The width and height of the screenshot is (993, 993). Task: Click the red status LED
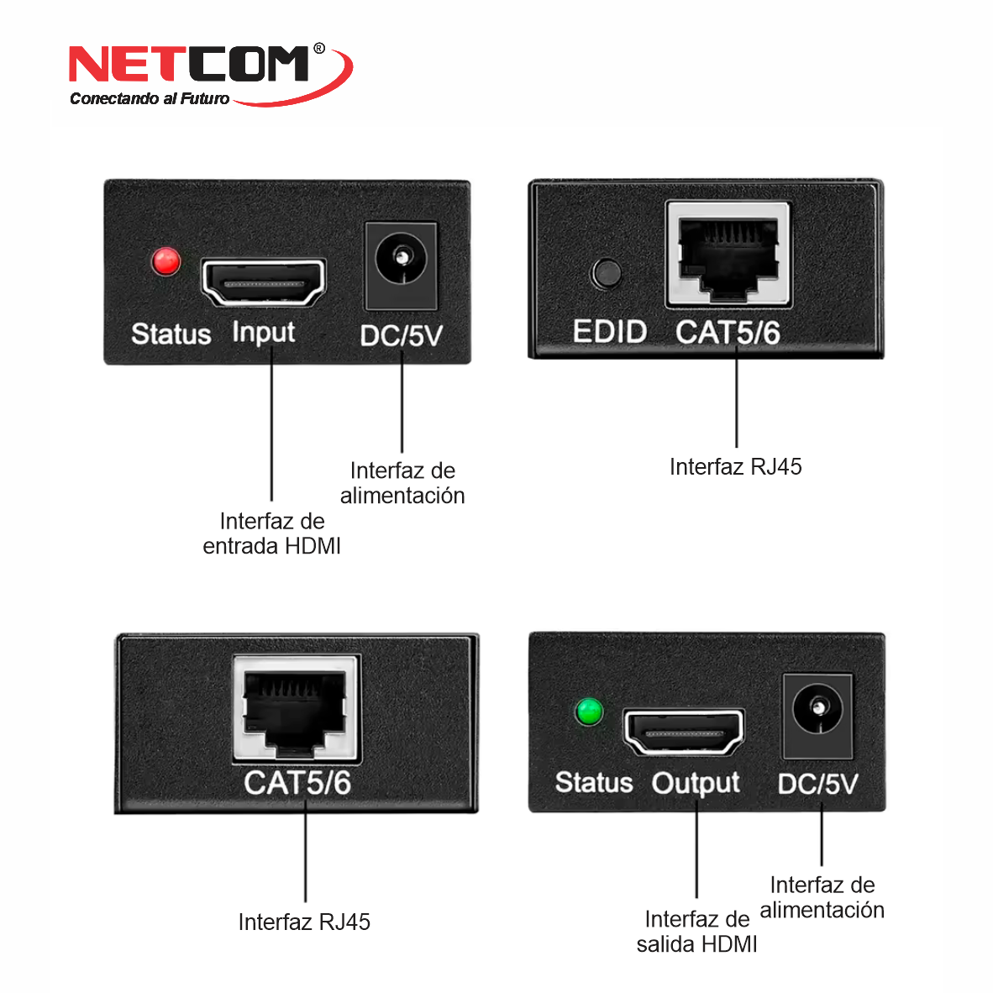pos(166,261)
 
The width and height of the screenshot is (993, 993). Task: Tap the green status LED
pos(589,712)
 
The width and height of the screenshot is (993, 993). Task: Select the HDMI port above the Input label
pos(264,282)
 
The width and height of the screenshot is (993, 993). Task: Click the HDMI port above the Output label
pos(684,733)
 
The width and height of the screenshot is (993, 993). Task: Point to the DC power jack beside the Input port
pos(402,266)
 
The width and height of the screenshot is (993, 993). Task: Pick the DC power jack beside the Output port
pos(817,716)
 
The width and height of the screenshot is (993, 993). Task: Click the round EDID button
pos(607,274)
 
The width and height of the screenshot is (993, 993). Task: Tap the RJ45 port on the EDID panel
pos(728,255)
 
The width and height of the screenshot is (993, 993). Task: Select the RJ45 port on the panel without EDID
pos(296,708)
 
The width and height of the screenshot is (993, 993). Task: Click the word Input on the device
pos(264,334)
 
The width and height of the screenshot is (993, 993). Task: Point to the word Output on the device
pos(696,784)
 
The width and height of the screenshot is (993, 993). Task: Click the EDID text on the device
pos(610,332)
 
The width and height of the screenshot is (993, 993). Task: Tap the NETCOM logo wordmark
pos(189,64)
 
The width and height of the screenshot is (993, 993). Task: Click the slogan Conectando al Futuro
pos(150,98)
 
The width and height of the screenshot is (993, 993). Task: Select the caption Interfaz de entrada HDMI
pos(271,533)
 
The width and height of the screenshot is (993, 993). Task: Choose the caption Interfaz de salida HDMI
pos(696,932)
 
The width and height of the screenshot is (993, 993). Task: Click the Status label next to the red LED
pos(171,334)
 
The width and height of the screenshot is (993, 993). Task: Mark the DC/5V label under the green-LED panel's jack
pos(817,784)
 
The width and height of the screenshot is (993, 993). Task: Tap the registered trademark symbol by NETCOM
pos(319,48)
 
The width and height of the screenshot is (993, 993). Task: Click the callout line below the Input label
pos(271,424)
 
